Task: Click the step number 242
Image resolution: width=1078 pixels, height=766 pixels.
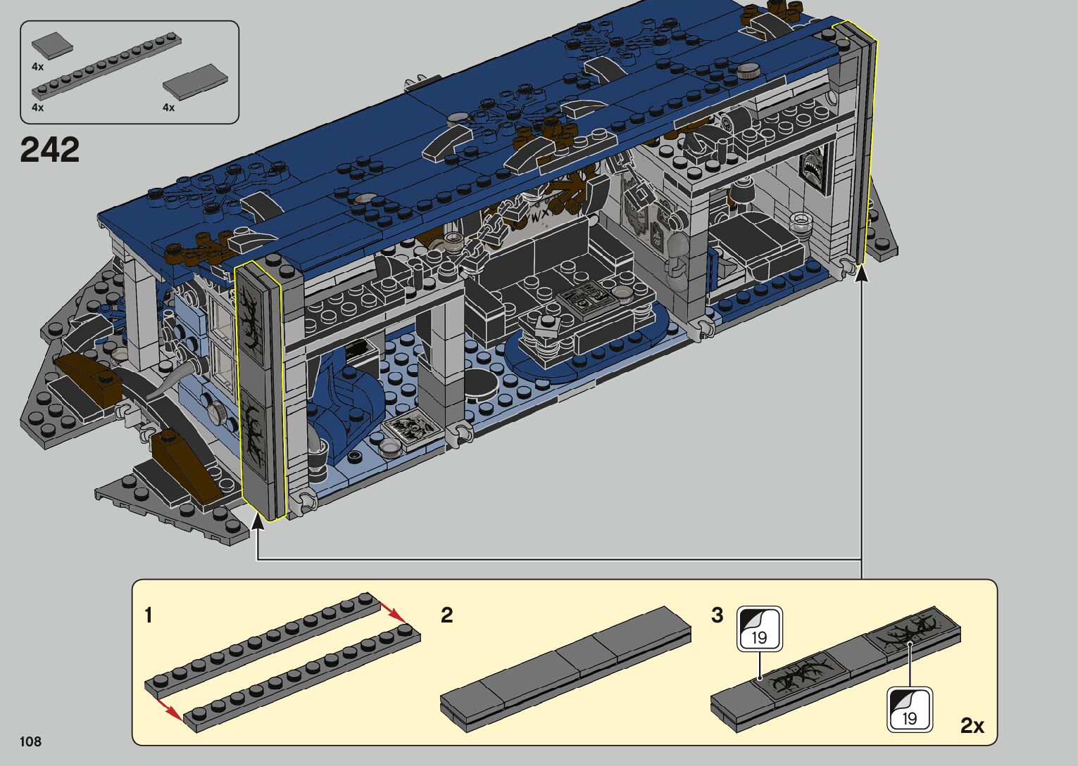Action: point(49,150)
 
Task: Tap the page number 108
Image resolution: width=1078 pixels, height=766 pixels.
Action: point(30,741)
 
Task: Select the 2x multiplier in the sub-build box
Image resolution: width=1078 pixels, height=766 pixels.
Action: point(972,726)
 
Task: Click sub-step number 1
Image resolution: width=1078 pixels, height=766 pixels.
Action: point(149,615)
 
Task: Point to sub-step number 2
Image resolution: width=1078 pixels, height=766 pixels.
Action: point(446,615)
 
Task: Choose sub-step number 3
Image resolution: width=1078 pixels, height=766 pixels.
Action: point(717,615)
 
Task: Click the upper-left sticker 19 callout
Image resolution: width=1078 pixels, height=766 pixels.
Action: point(760,629)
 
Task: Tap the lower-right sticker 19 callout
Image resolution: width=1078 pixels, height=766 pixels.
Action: point(910,710)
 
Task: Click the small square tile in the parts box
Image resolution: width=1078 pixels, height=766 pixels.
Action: point(52,46)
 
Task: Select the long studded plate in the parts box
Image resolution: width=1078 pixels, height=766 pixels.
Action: point(106,65)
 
